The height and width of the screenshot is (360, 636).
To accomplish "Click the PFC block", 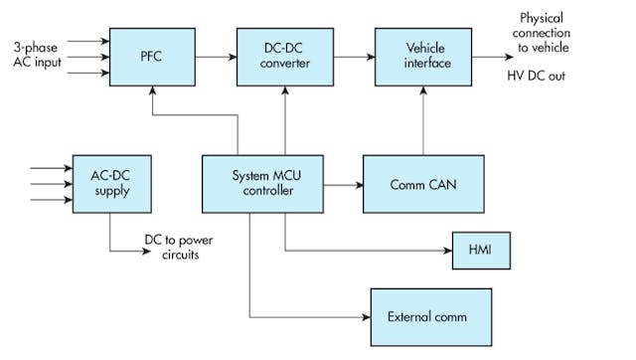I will pos(150,56).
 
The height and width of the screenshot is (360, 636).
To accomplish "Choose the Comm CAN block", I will pos(425,183).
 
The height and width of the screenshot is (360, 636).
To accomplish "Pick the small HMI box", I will pos(481,249).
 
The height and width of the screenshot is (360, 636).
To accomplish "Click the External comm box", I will pos(430,316).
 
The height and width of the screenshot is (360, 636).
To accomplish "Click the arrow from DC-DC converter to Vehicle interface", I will pos(349,56).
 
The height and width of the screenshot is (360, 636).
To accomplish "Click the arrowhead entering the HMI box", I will pos(447,249).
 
